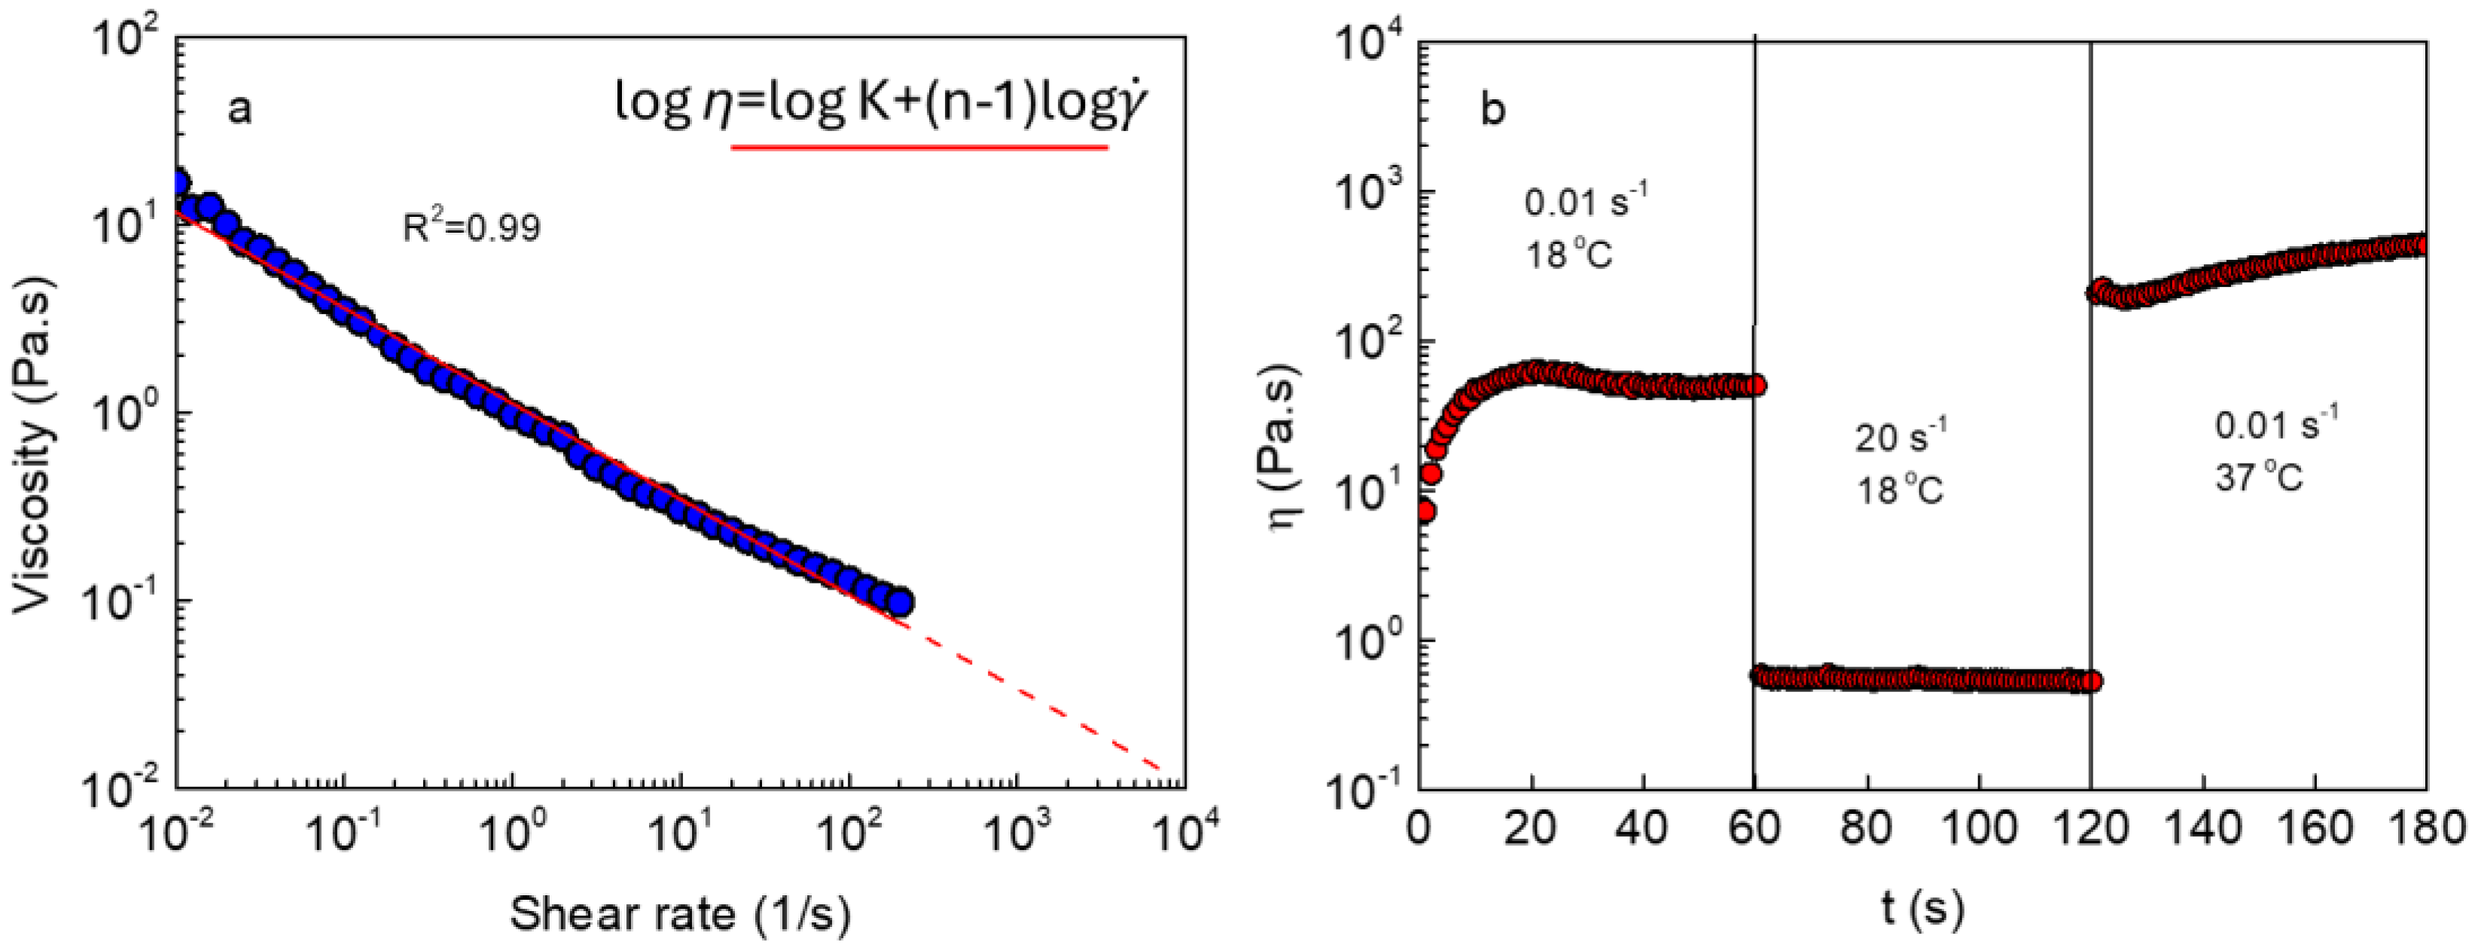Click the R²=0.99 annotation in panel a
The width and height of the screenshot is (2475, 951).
pyautogui.click(x=471, y=227)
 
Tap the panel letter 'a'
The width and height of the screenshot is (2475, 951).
pyautogui.click(x=239, y=109)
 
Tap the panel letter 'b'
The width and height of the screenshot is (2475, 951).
pyautogui.click(x=1492, y=109)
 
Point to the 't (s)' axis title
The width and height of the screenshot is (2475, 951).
pyautogui.click(x=1921, y=907)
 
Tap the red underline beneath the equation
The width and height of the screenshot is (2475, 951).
pyautogui.click(x=919, y=148)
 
